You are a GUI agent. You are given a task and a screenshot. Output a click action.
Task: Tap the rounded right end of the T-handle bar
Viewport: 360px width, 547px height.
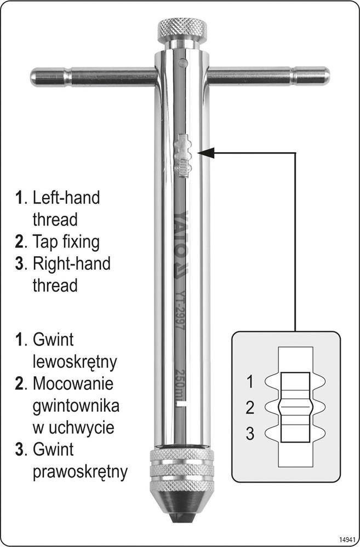pyautogui.click(x=323, y=75)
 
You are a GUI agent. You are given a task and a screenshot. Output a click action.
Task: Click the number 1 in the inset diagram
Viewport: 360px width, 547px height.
pyautogui.click(x=250, y=382)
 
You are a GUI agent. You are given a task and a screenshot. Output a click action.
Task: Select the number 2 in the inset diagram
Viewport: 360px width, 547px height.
pyautogui.click(x=250, y=408)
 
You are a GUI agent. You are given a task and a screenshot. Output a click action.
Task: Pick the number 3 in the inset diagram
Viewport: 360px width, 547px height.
pyautogui.click(x=250, y=434)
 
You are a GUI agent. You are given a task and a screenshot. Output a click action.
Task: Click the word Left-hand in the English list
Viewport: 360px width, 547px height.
pyautogui.click(x=66, y=198)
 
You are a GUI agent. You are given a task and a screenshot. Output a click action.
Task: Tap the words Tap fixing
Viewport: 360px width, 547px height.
pyautogui.click(x=66, y=241)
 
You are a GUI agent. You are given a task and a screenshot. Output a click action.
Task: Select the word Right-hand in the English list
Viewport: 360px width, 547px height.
pyautogui.click(x=71, y=263)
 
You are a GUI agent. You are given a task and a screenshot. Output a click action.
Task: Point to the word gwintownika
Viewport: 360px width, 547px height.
pyautogui.click(x=76, y=406)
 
